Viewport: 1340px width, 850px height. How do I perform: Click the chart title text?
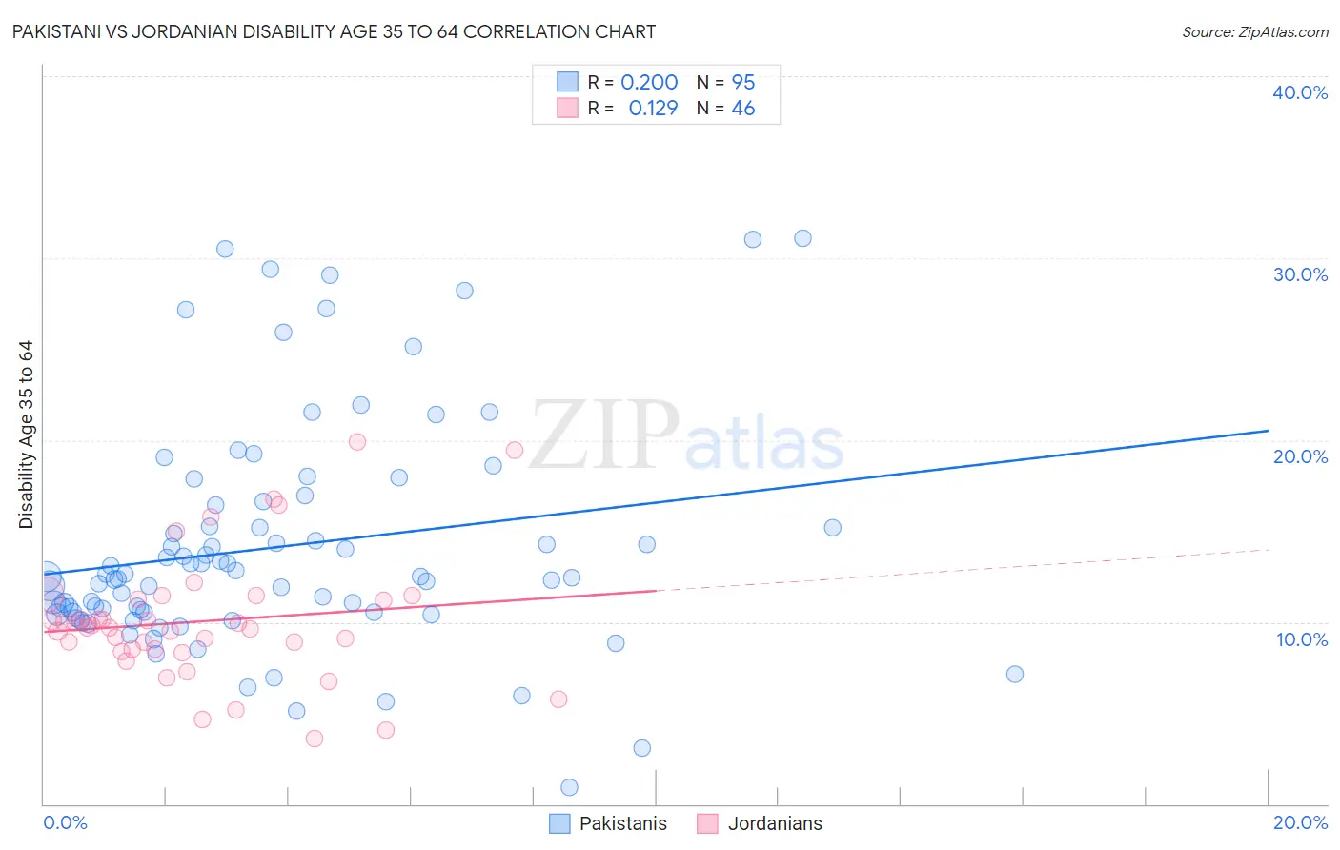tap(334, 31)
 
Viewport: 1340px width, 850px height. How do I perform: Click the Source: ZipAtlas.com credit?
tap(1254, 32)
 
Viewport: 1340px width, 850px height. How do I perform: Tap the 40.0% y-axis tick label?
tap(1300, 92)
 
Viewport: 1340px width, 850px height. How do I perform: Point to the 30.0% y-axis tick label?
tap(1300, 274)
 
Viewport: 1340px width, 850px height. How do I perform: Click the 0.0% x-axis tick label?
tap(65, 822)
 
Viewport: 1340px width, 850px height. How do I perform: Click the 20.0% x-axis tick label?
tap(1300, 822)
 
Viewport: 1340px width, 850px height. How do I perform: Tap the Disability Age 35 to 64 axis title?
tap(26, 435)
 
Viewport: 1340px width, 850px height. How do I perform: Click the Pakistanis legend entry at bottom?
tap(622, 823)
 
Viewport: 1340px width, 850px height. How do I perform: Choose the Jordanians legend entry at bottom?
tap(774, 823)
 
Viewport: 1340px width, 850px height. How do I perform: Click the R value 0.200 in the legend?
tap(649, 83)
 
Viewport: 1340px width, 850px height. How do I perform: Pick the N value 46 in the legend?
tap(742, 109)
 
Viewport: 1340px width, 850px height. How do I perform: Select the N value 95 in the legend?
tap(742, 83)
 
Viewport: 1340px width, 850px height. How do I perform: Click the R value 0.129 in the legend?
tap(653, 109)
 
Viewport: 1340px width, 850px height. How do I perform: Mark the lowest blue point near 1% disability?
tap(569, 787)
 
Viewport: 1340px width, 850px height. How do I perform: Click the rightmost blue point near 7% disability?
tap(1015, 674)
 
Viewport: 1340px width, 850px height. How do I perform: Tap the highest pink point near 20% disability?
tap(357, 441)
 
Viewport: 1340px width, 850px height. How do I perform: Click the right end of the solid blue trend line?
tap(1269, 431)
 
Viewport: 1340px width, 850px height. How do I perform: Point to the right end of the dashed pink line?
tap(1269, 550)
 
